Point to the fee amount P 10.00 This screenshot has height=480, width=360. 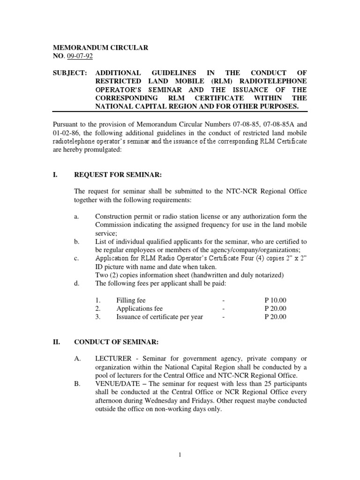tap(275, 300)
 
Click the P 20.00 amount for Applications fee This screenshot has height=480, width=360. tap(275, 308)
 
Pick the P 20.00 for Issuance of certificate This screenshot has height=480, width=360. tap(275, 317)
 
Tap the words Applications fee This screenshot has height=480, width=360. tap(140, 308)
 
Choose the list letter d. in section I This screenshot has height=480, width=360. tap(77, 284)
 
